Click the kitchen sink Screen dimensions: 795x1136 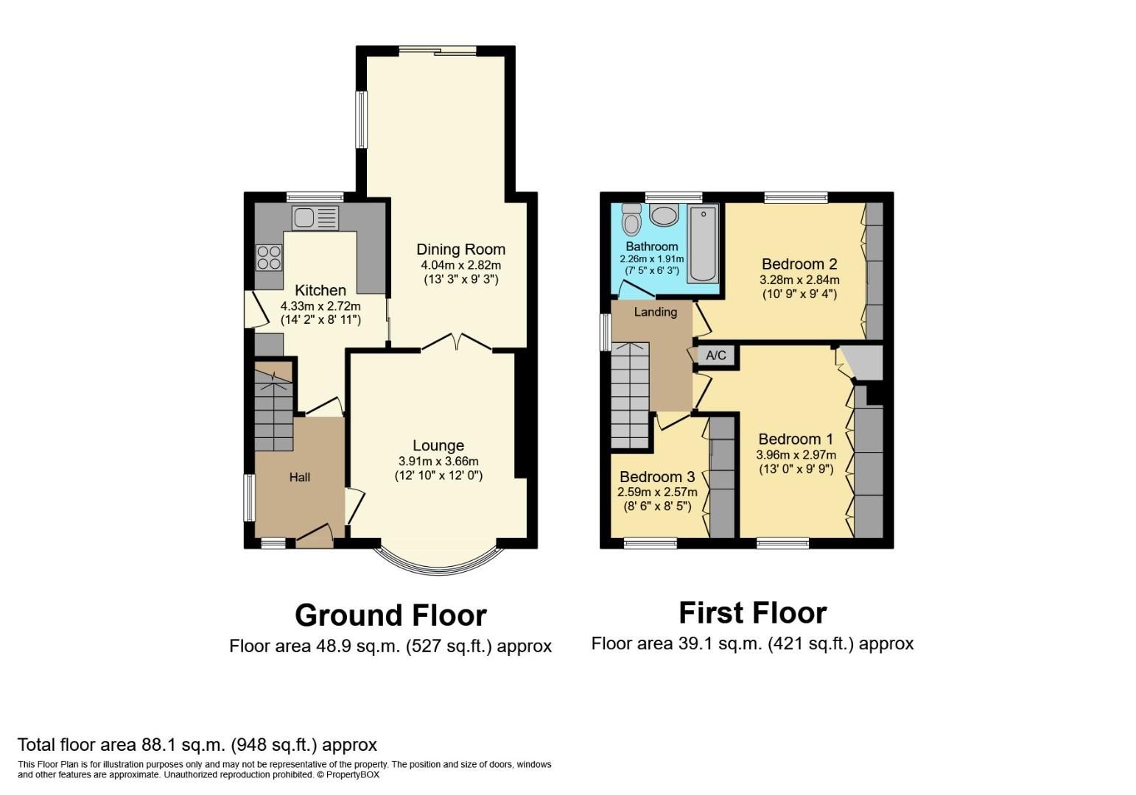[x=315, y=218]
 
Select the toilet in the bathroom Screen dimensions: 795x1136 [x=631, y=219]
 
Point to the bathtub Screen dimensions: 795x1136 [x=704, y=244]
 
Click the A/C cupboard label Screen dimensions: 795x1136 [x=716, y=356]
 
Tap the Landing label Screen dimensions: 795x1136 [x=655, y=312]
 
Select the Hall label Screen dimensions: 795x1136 [x=299, y=477]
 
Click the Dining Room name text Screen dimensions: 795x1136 [x=460, y=249]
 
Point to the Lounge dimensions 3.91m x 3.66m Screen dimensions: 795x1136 [x=438, y=461]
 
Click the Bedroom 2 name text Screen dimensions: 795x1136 [x=799, y=264]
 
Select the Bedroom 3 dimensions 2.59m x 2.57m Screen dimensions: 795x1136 [x=657, y=492]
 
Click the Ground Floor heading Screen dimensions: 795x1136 [x=390, y=615]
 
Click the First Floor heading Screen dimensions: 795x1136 [x=752, y=612]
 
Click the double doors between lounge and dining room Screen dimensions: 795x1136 [x=457, y=342]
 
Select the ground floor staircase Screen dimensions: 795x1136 [x=273, y=411]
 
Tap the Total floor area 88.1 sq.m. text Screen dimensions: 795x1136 [x=197, y=744]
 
